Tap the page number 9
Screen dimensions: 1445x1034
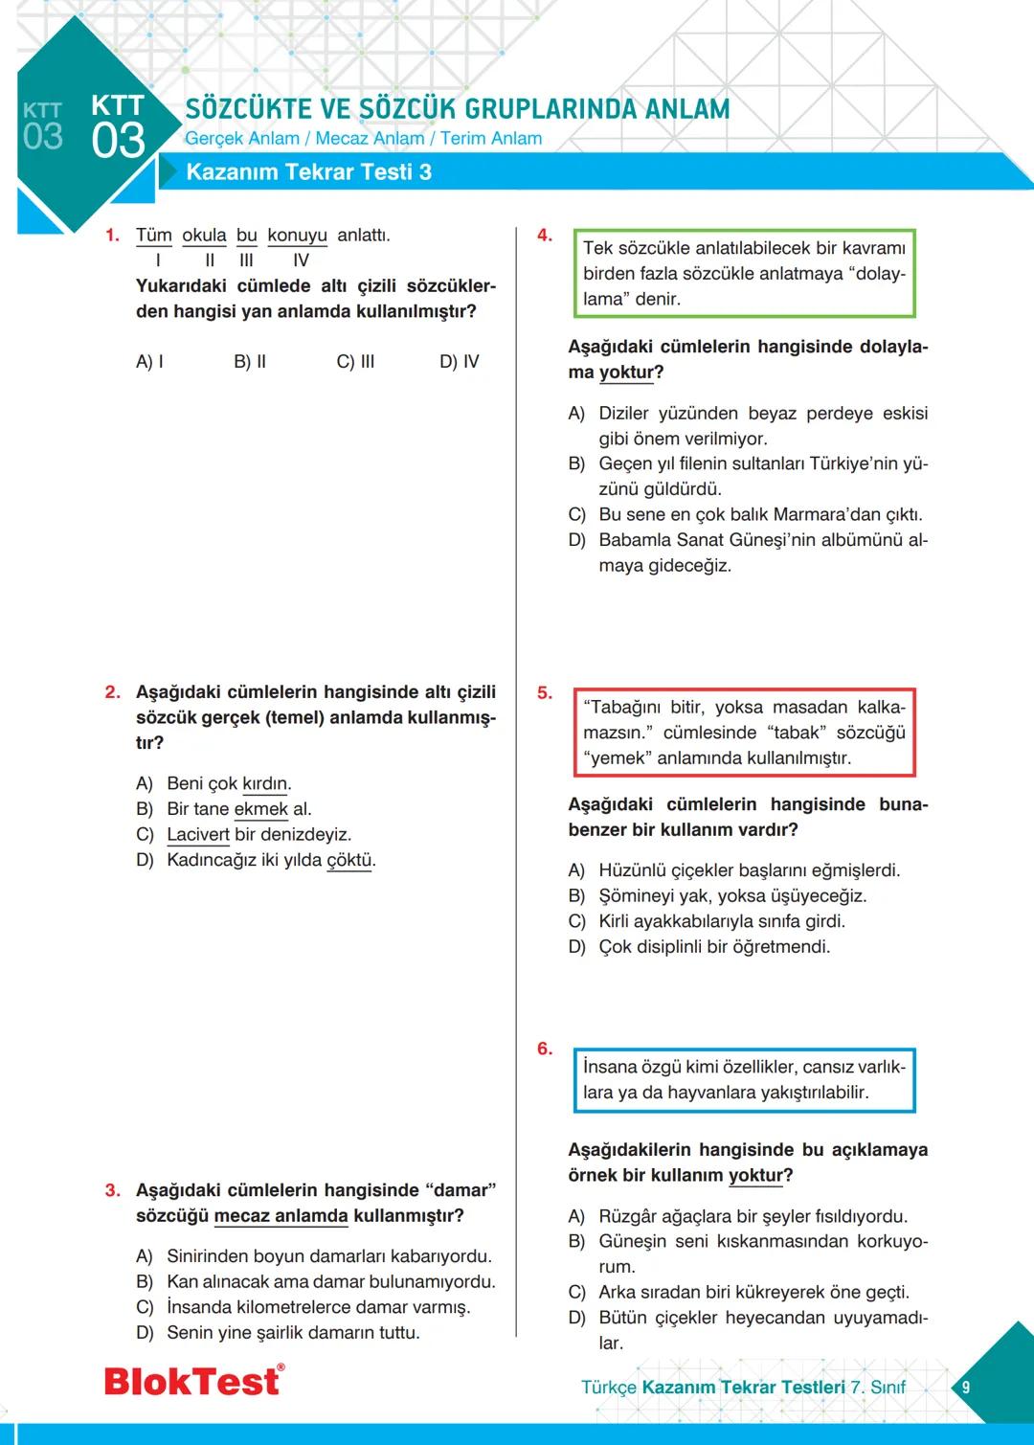click(x=965, y=1387)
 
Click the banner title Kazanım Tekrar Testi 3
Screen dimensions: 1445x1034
click(x=308, y=172)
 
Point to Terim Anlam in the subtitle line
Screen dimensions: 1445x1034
click(x=490, y=139)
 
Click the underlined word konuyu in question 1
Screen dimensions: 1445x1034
click(x=297, y=236)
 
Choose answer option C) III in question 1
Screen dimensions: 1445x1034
click(x=355, y=362)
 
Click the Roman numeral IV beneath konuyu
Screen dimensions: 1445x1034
click(x=301, y=260)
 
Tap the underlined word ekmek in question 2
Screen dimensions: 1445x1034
click(x=260, y=809)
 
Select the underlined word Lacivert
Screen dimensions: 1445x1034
click(x=197, y=835)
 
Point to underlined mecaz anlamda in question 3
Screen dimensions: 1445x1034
click(x=281, y=1216)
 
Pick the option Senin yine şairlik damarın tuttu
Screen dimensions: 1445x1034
click(x=293, y=1333)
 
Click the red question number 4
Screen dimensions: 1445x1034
click(x=544, y=236)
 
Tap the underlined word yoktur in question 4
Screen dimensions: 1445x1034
click(x=626, y=373)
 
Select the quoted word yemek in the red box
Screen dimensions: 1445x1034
click(x=618, y=758)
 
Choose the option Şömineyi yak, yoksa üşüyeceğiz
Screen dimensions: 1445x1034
click(x=731, y=896)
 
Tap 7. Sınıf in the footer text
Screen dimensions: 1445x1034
click(x=878, y=1388)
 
